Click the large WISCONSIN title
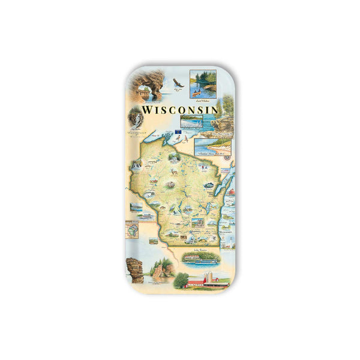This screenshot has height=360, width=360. (179, 111)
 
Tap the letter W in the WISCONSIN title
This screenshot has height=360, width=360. (148, 111)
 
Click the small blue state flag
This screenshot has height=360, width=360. (178, 131)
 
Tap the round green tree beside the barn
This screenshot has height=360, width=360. (181, 280)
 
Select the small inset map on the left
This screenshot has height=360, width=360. (132, 229)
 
